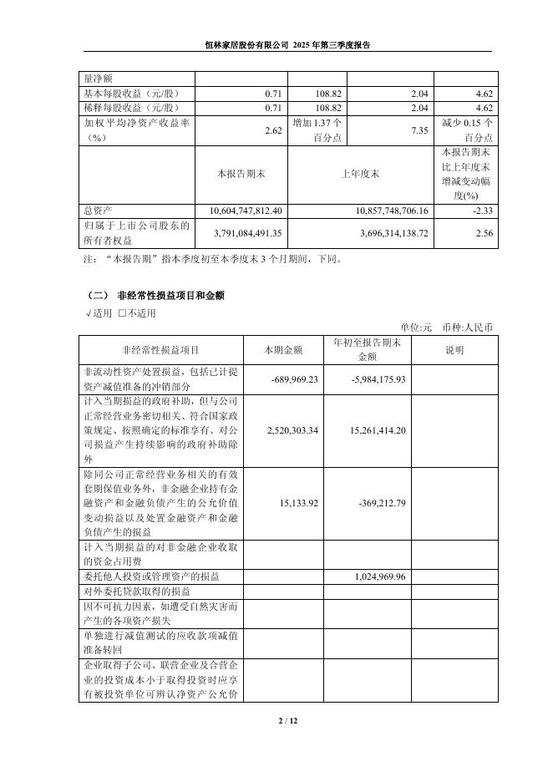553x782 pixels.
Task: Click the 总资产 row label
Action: pos(98,211)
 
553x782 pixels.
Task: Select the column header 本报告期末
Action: pos(241,174)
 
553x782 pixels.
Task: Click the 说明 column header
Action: pos(454,349)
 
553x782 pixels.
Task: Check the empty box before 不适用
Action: pos(122,313)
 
